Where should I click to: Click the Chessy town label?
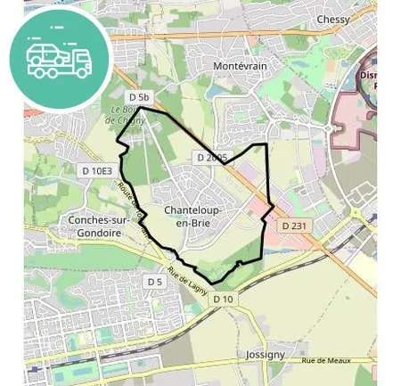[x=332, y=20]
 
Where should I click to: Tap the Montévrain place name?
[x=241, y=67]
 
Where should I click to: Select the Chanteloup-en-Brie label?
[x=193, y=217]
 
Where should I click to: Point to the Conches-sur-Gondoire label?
[x=94, y=226]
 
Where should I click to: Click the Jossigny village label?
[x=266, y=354]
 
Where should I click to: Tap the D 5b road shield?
[x=140, y=96]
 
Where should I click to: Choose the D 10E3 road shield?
[x=97, y=170]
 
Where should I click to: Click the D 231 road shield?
[x=294, y=226]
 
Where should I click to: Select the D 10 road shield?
[x=223, y=300]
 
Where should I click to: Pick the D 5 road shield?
[x=155, y=282]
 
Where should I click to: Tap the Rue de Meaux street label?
[x=323, y=360]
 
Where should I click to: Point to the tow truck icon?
[x=59, y=58]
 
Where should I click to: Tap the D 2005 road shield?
[x=212, y=158]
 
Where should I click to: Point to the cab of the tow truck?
[x=80, y=62]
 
